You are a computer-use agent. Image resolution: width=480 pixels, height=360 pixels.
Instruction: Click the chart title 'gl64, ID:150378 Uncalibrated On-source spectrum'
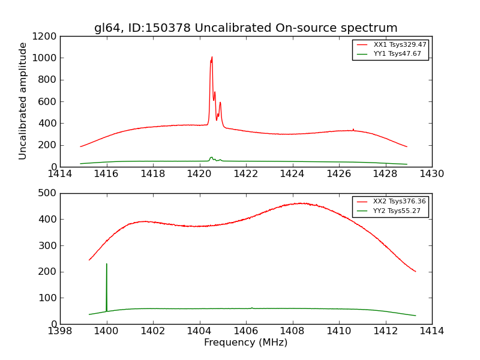[245, 28]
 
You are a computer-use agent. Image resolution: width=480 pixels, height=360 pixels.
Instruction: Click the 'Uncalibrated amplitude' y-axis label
[23, 101]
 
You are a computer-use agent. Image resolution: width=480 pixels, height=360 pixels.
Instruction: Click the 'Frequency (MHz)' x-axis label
[245, 343]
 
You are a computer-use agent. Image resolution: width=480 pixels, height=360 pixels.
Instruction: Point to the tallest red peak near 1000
[212, 58]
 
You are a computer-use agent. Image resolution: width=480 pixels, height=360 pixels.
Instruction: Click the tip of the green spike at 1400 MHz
[107, 264]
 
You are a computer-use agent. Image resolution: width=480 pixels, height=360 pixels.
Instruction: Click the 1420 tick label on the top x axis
[199, 173]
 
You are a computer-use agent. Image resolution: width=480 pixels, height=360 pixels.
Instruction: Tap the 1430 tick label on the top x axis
[431, 173]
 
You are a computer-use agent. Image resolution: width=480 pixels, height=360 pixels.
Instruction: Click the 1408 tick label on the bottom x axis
[292, 331]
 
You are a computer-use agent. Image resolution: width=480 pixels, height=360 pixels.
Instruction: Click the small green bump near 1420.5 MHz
[211, 158]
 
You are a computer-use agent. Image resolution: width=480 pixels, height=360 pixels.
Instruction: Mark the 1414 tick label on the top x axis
[60, 173]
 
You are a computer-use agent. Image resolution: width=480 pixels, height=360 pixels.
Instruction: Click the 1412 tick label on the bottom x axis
[385, 331]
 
